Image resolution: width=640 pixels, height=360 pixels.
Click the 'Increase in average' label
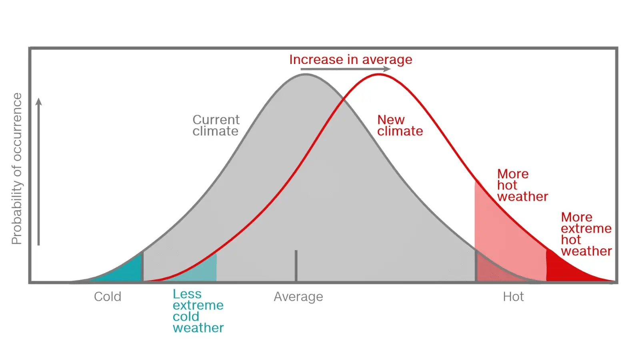coord(350,60)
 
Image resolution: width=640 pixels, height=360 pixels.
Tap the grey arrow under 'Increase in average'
coord(345,69)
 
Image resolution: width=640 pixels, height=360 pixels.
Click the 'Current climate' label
coord(216,125)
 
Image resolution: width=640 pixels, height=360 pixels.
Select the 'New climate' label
coord(400,125)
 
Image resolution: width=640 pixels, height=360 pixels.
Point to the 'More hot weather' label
coord(522,185)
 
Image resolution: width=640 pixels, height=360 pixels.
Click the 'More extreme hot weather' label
coord(586,234)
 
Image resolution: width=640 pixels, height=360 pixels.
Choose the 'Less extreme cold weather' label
coord(198,311)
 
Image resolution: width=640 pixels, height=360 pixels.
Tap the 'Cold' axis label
coord(108,297)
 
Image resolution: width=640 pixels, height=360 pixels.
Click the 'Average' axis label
coord(298,297)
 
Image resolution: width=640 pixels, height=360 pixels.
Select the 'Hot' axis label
coord(513,297)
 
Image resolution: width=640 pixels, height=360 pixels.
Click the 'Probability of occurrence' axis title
coord(16,168)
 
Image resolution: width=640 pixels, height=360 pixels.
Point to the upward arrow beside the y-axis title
coord(39,172)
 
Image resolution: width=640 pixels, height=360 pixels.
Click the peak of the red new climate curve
coord(378,74)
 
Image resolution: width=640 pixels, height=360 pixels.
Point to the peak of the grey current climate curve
coord(306,74)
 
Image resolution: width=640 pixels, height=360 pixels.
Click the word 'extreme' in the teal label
coord(198,305)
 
